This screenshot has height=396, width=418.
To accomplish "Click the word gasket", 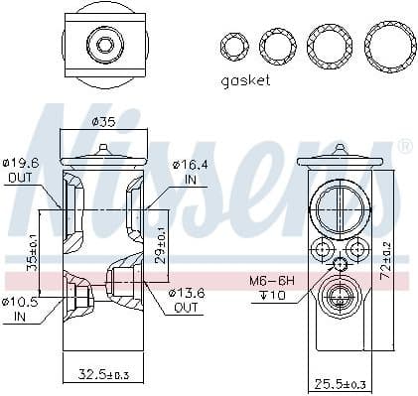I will pos(243,80).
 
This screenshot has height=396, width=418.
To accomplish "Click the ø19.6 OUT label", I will pos(20,171).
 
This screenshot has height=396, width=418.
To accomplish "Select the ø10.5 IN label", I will pos(21,308).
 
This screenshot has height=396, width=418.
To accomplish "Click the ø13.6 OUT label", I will pos(194,300).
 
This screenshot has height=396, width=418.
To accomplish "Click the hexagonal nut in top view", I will pos(104,43).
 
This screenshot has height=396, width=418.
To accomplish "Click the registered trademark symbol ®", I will pos(404,147).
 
